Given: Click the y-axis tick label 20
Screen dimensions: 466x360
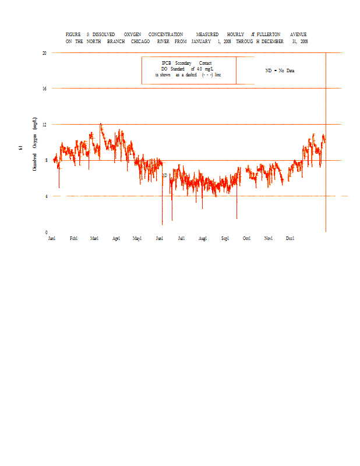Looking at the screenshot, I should click(44, 52).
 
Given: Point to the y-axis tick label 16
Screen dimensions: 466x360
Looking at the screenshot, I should click(44, 89).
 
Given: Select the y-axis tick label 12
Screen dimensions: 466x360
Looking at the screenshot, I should click(44, 125).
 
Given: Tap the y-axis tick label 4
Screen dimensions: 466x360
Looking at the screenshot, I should click(45, 196).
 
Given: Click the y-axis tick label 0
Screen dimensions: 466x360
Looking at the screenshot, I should click(45, 232).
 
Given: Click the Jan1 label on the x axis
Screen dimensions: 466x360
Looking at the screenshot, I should click(52, 238).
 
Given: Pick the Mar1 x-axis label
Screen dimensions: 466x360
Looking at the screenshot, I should click(94, 238).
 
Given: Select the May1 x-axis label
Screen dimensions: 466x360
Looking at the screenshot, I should click(137, 238).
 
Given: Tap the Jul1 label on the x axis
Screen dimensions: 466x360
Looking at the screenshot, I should click(181, 238).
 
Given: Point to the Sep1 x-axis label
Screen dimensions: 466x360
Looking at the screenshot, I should click(225, 238).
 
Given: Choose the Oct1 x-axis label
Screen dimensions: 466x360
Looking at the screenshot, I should click(247, 238).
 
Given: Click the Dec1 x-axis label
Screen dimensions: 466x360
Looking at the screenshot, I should click(290, 238).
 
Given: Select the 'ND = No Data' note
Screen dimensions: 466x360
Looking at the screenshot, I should click(280, 70).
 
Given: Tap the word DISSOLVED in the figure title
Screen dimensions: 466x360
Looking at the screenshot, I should click(104, 35).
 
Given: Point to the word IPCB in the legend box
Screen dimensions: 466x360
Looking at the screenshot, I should click(167, 63).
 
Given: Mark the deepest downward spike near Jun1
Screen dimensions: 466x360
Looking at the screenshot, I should click(162, 224).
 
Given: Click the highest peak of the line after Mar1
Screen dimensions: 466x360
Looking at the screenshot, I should click(101, 123).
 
